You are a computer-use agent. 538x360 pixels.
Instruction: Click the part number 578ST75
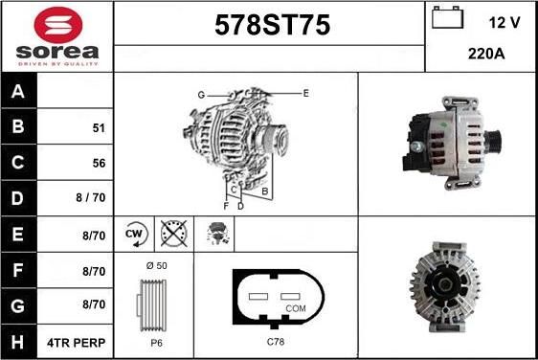[269, 26]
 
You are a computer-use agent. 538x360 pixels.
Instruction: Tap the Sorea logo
[56, 36]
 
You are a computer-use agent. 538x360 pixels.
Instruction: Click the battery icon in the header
[448, 19]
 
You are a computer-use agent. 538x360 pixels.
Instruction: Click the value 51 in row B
[99, 127]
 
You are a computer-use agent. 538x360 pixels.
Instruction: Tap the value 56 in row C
[99, 164]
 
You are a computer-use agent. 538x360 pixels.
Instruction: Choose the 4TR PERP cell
[78, 342]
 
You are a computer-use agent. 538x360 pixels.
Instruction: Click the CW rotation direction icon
[134, 233]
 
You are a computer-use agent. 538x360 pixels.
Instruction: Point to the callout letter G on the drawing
[202, 95]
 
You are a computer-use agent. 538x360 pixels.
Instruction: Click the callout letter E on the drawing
[305, 93]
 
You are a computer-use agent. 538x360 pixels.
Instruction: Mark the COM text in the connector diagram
[297, 307]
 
